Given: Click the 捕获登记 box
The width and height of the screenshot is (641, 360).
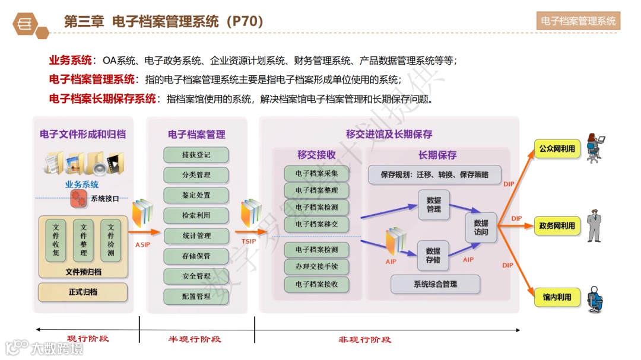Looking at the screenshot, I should pos(196,155).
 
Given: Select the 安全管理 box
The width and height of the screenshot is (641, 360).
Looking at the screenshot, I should pos(196,276).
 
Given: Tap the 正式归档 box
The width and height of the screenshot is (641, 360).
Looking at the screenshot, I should pos(83,292).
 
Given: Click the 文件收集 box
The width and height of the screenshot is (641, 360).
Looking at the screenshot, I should pos(56,241).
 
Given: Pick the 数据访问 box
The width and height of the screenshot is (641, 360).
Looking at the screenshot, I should pos(481,228).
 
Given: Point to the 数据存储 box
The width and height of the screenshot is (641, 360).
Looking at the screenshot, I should pos(433,256).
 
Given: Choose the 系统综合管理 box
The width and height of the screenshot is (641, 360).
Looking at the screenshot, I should pos(435,284).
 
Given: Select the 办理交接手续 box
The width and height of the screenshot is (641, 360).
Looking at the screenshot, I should pos(316,267).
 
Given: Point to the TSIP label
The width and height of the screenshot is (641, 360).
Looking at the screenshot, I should pos(249,241).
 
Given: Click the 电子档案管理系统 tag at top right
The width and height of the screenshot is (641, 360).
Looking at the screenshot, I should pos(578,21).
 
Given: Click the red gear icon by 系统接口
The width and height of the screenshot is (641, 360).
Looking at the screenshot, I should pos(78,199).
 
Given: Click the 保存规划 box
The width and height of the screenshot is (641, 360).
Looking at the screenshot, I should pos(434,175).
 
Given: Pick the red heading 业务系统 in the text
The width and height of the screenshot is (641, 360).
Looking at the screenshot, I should pos(70,60).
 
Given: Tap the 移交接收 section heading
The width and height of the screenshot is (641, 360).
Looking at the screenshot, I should pos(316,155).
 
